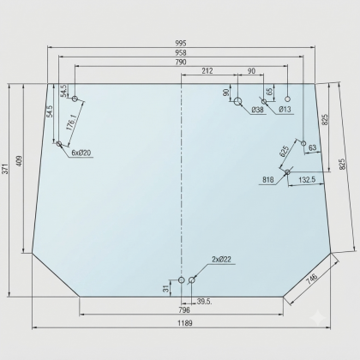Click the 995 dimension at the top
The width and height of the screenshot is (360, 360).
181,43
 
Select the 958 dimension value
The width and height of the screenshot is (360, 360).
181,52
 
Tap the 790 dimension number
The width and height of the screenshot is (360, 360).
181,62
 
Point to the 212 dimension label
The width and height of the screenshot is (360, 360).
207,70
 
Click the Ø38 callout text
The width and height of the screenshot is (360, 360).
257,110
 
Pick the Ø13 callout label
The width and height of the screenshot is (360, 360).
285,109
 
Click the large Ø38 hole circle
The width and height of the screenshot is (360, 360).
238,101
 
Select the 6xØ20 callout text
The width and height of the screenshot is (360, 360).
81,153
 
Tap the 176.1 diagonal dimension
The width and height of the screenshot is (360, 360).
71,123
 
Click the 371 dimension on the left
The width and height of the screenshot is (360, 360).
5,169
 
